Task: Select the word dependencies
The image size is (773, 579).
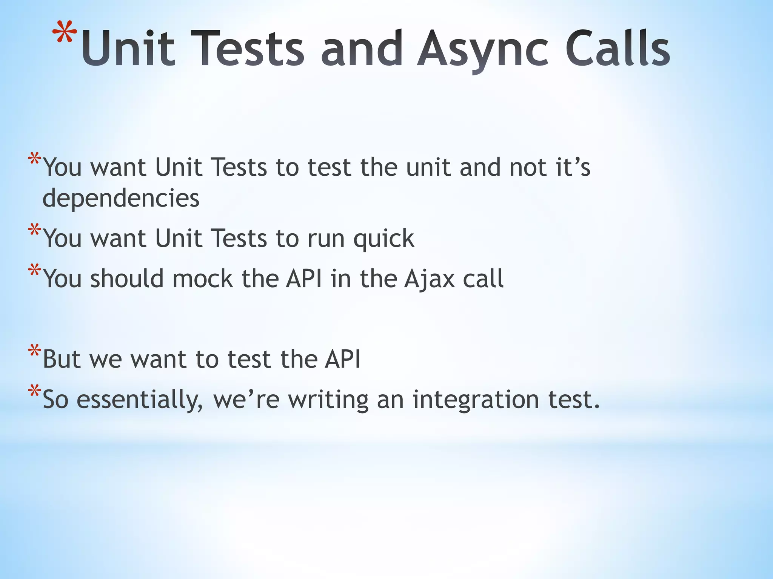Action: click(x=121, y=198)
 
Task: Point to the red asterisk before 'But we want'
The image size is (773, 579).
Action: click(x=34, y=351)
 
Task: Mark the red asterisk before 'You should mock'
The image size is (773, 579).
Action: click(x=34, y=271)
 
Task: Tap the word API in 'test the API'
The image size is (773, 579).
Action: click(x=342, y=359)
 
